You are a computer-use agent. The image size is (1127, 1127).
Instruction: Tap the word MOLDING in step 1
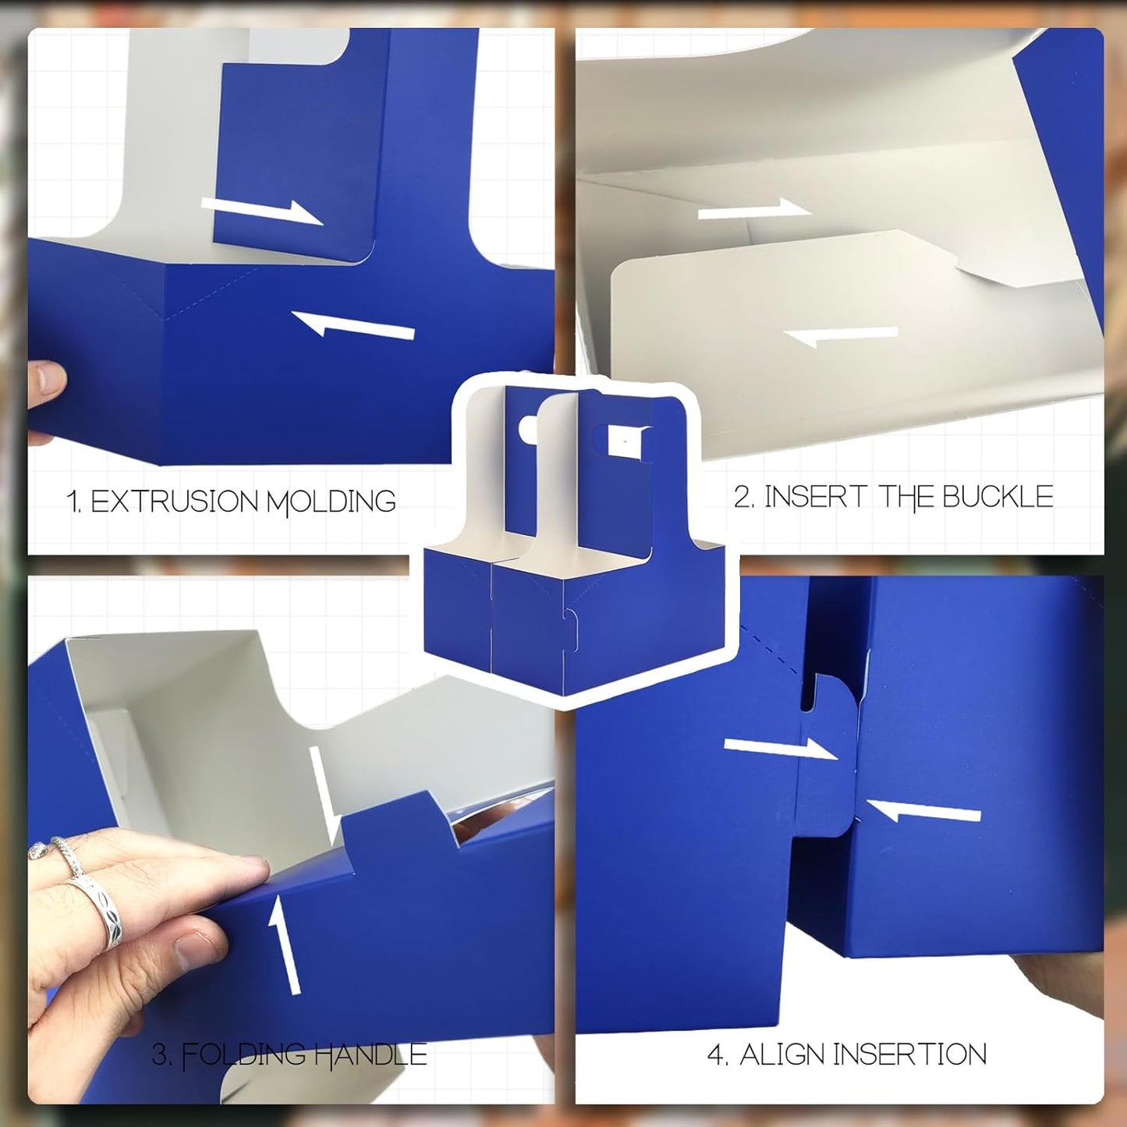[331, 501]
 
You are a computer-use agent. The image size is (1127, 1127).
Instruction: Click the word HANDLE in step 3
[370, 1055]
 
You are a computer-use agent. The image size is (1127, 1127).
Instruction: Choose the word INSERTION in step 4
[909, 1054]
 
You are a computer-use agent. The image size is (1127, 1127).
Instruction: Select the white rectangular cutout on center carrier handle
[625, 441]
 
